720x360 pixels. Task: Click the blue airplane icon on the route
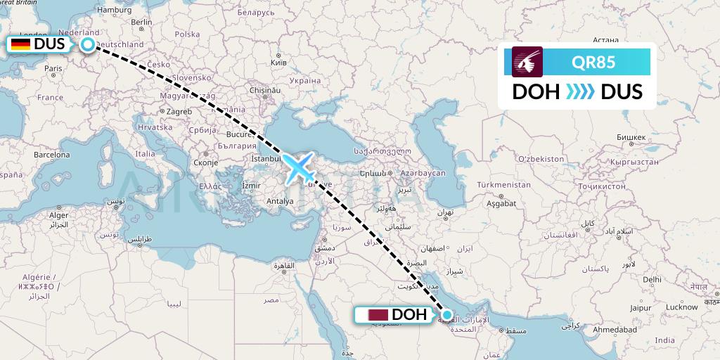[304, 167]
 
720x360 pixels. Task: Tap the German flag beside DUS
[20, 44]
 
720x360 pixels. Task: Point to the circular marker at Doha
[446, 314]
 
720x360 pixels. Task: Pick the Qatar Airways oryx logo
[527, 61]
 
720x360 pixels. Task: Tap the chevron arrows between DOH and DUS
[580, 92]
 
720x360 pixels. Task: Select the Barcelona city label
[52, 153]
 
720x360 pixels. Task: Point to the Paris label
[53, 68]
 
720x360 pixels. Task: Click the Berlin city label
[141, 22]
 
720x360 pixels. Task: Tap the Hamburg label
[115, 10]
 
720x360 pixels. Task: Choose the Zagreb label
[179, 111]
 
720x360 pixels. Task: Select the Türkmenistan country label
[503, 184]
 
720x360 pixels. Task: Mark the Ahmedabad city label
[614, 330]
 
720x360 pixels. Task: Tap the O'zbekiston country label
[541, 159]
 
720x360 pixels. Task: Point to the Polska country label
[187, 34]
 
